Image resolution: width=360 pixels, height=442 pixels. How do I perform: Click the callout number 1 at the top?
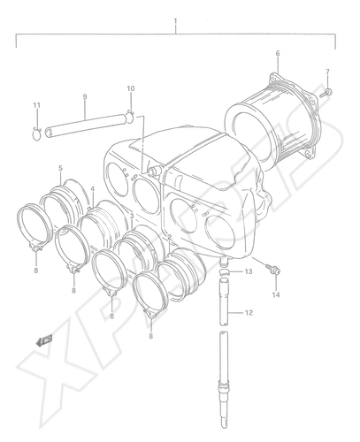click(175, 21)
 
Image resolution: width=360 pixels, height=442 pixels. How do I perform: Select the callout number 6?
click(278, 53)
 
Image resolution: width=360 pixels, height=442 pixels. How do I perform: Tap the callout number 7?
click(327, 72)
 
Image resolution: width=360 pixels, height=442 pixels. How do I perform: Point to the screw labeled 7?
click(326, 93)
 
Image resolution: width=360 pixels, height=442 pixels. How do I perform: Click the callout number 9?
click(85, 96)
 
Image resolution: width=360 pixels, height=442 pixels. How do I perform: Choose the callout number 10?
click(131, 88)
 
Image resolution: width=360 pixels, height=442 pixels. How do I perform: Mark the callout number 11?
click(36, 105)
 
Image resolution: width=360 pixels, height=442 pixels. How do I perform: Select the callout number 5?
click(60, 168)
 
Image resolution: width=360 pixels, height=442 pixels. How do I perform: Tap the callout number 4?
click(93, 188)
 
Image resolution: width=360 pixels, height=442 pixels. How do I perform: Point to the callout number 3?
click(132, 216)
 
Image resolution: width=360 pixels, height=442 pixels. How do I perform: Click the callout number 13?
click(249, 271)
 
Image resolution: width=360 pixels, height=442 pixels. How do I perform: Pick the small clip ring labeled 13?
click(226, 271)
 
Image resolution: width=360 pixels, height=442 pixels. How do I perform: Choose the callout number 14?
click(276, 294)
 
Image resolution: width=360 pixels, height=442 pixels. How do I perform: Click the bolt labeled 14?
click(272, 269)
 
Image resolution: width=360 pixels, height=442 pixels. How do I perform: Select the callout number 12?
click(249, 313)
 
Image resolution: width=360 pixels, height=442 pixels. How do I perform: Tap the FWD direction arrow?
click(43, 340)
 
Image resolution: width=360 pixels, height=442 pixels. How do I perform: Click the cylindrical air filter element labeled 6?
click(272, 118)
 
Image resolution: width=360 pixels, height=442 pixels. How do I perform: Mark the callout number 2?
click(169, 237)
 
